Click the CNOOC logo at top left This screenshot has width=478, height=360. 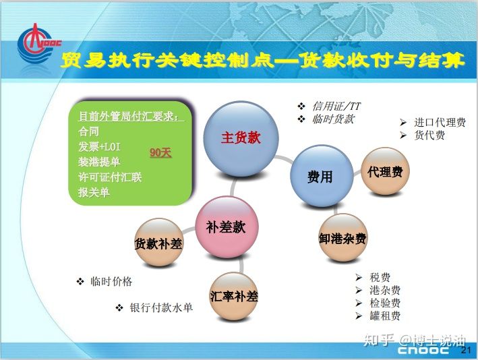point(38,44)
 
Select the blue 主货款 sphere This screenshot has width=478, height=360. point(241,139)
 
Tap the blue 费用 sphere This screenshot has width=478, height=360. point(322,176)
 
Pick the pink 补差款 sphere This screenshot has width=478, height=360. point(227,227)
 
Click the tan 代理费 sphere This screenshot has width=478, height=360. point(385,171)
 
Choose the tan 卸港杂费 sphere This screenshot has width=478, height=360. point(342,238)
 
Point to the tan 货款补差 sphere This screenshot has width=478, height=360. point(158,243)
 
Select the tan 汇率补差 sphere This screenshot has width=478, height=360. point(234,296)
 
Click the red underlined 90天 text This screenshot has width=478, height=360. point(160,152)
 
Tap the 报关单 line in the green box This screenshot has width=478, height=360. point(94,192)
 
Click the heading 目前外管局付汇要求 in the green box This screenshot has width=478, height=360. point(128,116)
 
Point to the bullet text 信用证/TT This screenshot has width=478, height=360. point(336,106)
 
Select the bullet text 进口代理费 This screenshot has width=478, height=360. point(440,122)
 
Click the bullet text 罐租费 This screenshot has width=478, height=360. point(385,316)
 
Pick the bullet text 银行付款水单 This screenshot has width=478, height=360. point(161,307)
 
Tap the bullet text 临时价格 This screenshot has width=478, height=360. point(111,281)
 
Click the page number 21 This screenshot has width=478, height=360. point(466,350)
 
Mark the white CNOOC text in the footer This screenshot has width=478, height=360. point(423,350)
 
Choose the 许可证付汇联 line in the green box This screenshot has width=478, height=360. point(110,177)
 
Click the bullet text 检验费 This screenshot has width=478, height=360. point(385,303)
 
